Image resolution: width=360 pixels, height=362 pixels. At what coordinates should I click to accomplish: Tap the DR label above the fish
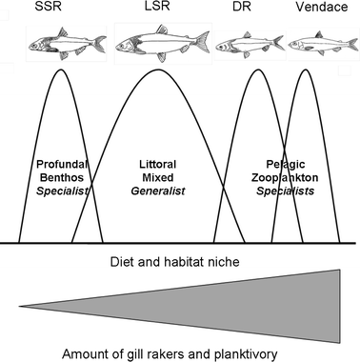(242, 8)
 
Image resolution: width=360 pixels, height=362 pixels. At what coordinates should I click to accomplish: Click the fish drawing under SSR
(62, 44)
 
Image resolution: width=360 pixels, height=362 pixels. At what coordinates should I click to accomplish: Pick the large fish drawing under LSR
(160, 44)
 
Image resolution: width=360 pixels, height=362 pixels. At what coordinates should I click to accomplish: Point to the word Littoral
(158, 163)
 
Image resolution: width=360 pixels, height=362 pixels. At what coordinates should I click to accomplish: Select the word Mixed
(158, 177)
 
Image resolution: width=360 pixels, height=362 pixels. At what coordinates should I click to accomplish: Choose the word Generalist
(158, 191)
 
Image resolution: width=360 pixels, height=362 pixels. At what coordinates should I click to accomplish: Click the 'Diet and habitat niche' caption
(179, 258)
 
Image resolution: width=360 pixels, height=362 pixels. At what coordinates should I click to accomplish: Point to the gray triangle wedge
(238, 306)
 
